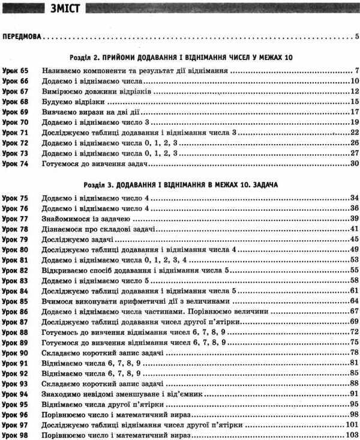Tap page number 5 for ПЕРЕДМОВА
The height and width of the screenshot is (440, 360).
pos(356,37)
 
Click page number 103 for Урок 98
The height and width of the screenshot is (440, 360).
pos(352,435)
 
